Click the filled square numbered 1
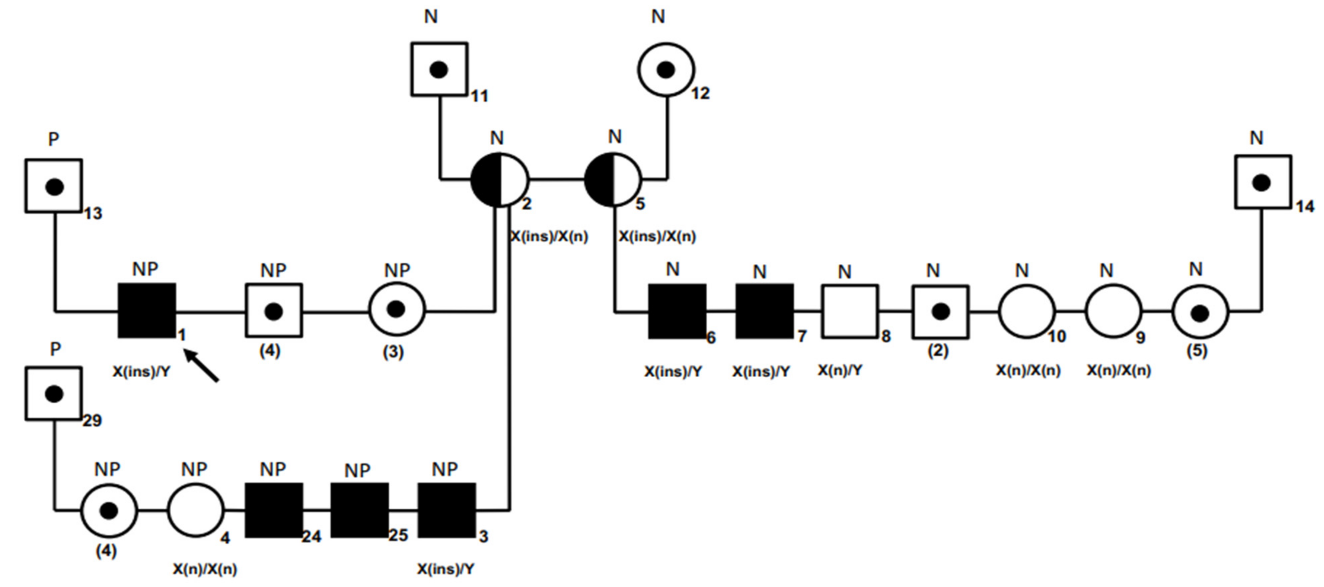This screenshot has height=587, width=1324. click(147, 311)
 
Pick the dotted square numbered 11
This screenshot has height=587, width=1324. click(439, 69)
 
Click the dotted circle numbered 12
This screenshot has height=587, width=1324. click(666, 69)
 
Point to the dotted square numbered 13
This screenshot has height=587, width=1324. click(54, 186)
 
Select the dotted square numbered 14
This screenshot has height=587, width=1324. click(1262, 182)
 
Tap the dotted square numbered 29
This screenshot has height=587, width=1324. click(54, 394)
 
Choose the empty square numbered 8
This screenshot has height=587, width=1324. click(850, 312)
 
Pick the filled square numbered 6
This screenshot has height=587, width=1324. click(677, 312)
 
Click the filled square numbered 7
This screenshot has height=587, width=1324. click(764, 312)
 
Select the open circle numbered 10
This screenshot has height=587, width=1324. click(1027, 312)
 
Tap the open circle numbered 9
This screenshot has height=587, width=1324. click(1113, 312)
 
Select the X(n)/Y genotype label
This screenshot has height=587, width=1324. click(840, 370)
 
